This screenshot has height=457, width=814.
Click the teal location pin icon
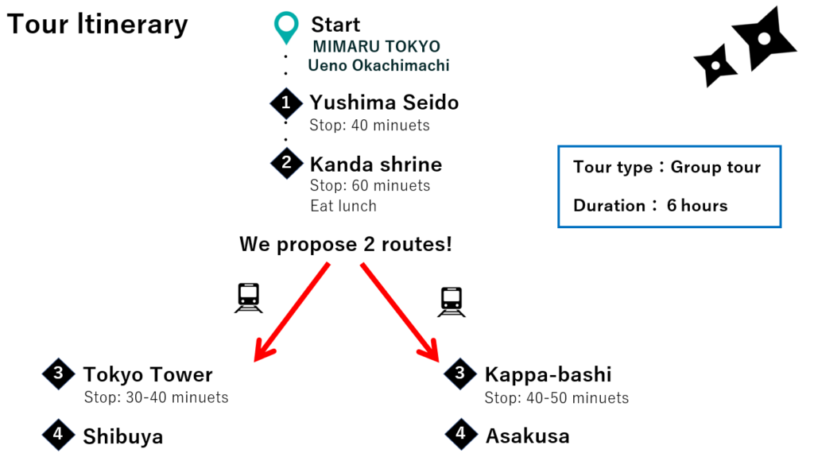click(x=286, y=27)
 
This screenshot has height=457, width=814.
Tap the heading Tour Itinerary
click(x=98, y=25)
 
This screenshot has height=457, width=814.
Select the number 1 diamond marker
click(x=286, y=103)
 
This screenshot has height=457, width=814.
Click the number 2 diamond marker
click(x=286, y=163)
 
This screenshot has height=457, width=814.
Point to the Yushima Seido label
click(x=384, y=103)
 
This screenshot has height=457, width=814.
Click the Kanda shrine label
click(x=376, y=164)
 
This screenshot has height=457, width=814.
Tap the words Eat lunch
click(x=343, y=206)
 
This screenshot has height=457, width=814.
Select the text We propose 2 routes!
click(x=346, y=244)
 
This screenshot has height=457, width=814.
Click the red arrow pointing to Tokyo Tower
click(x=292, y=312)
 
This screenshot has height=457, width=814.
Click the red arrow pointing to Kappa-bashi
click(x=400, y=312)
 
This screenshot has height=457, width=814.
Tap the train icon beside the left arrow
click(x=249, y=298)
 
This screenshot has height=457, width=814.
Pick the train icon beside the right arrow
click(x=452, y=302)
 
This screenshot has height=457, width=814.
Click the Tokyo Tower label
click(x=148, y=374)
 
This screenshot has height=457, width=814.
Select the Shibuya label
click(x=123, y=437)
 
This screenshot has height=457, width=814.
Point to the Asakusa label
click(x=528, y=436)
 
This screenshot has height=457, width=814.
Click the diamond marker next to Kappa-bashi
click(x=460, y=374)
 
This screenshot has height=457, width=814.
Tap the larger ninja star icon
click(x=764, y=38)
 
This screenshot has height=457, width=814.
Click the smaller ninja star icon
click(x=716, y=65)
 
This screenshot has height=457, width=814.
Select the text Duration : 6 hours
click(x=650, y=206)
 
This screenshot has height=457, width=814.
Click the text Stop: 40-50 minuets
click(x=556, y=398)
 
